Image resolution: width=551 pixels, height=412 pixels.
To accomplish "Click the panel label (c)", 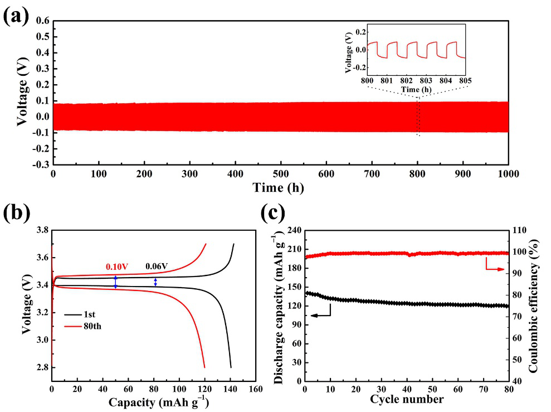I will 274,214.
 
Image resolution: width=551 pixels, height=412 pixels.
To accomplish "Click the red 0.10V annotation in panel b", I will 116,267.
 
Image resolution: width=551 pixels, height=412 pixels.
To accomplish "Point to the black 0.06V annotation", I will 157,267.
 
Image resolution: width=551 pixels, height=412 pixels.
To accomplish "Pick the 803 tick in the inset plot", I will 426,80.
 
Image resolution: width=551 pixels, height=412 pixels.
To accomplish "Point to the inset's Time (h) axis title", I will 416,89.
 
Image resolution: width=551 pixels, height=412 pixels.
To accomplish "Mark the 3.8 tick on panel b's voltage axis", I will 41,230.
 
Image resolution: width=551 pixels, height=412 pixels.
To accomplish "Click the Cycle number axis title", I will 406,399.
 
